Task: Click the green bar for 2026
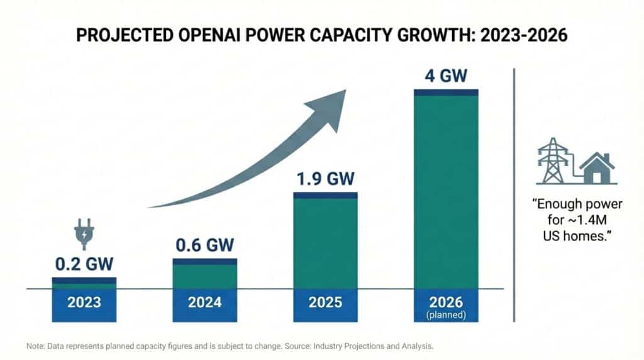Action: pyautogui.click(x=446, y=189)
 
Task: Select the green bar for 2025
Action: pyautogui.click(x=325, y=242)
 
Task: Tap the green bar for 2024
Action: pyautogui.click(x=204, y=276)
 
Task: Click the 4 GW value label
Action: pyautogui.click(x=446, y=76)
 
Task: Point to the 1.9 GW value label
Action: pyautogui.click(x=325, y=179)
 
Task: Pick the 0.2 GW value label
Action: pyautogui.click(x=84, y=264)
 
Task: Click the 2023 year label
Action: pyautogui.click(x=84, y=302)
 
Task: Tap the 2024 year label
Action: pyautogui.click(x=204, y=302)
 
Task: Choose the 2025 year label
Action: pyautogui.click(x=325, y=302)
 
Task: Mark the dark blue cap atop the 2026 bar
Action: pyautogui.click(x=446, y=92)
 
